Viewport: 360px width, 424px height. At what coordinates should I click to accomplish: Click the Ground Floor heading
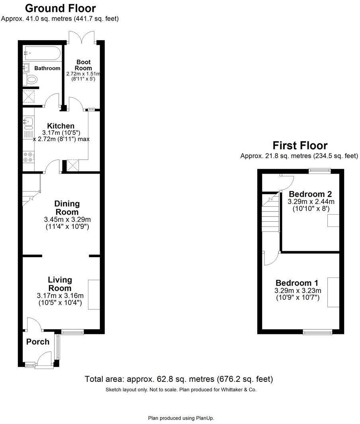point(61,8)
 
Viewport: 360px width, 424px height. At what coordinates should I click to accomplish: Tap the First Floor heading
point(299,145)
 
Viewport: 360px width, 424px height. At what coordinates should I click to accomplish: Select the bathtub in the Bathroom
point(41,53)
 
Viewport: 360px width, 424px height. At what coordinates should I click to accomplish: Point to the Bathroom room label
point(47,68)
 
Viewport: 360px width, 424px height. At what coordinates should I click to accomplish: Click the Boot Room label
point(84,65)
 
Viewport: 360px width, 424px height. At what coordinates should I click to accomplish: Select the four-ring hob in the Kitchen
point(28,157)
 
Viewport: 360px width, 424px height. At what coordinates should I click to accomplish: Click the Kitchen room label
point(61,126)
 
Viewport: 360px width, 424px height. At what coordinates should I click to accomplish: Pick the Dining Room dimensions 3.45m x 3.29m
point(67,219)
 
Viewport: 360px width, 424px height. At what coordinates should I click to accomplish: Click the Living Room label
point(60,284)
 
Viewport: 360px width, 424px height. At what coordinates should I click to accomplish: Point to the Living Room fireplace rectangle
point(94,295)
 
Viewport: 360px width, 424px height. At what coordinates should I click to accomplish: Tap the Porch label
point(38,342)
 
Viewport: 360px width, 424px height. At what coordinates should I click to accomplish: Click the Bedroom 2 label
point(310,194)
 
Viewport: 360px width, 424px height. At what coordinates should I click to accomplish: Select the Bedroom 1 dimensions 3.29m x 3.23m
point(298,290)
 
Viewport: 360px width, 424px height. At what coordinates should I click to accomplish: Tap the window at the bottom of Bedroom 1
point(317,331)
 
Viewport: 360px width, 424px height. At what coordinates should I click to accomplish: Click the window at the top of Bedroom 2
point(320,171)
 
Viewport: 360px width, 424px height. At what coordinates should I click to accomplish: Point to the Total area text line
point(179,379)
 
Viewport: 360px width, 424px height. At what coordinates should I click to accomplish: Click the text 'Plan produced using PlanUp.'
point(181,418)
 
